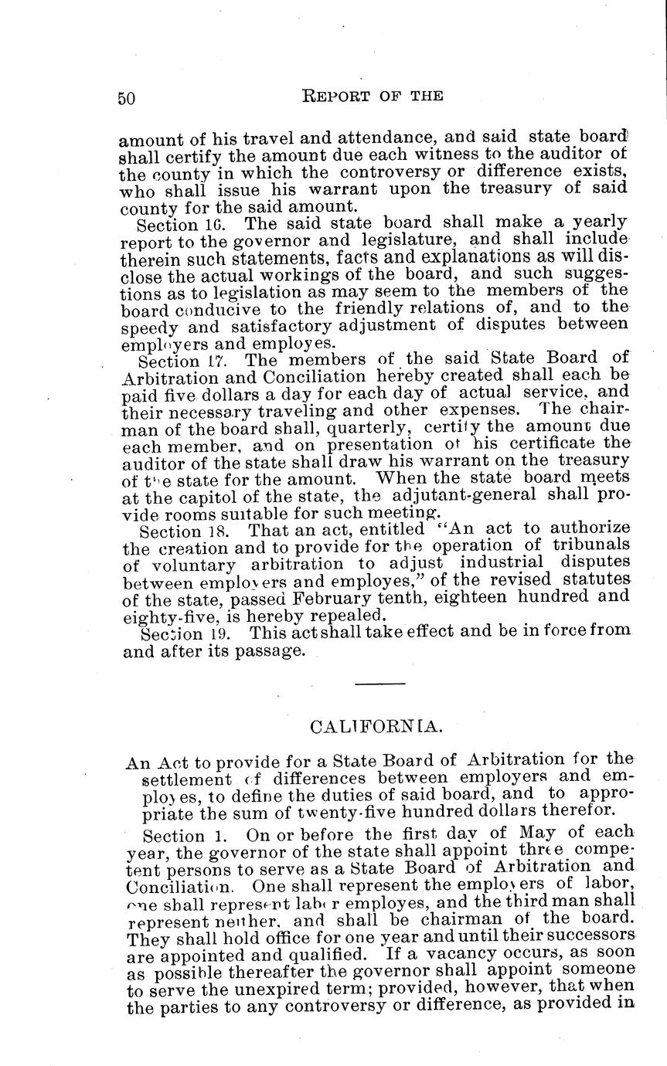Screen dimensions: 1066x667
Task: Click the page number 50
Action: [x=127, y=97]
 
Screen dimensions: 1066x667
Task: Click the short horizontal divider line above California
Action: [x=380, y=684]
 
